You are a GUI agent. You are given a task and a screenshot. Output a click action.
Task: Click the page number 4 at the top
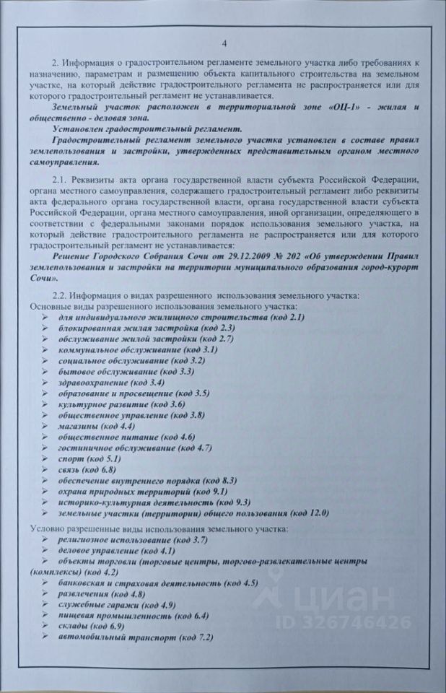point(224,42)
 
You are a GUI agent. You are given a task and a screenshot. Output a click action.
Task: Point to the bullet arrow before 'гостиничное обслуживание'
point(46,448)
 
